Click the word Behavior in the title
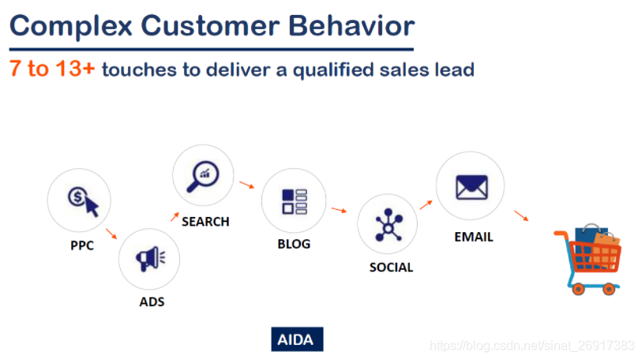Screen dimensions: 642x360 pos(351,26)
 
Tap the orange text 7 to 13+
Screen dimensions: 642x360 pos(52,69)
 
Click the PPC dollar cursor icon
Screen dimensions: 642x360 pos(84,201)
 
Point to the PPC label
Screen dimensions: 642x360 pos(82,246)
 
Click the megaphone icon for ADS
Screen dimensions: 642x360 pos(150,258)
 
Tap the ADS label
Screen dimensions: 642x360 pos(152,302)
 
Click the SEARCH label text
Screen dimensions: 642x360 pos(205,222)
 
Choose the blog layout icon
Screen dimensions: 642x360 pos(295,201)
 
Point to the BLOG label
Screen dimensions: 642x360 pos(294,244)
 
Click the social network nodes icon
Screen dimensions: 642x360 pos(389,224)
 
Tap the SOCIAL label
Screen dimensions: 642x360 pos(392,268)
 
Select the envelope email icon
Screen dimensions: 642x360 pos(471,187)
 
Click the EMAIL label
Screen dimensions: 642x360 pos(474,237)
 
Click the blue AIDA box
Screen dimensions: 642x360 pos(297,339)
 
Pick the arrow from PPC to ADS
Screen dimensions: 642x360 pos(111,234)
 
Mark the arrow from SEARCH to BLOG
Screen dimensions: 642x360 pos(247,185)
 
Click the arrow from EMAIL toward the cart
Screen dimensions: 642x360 pos(521,216)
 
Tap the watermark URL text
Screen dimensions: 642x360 pos(532,346)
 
